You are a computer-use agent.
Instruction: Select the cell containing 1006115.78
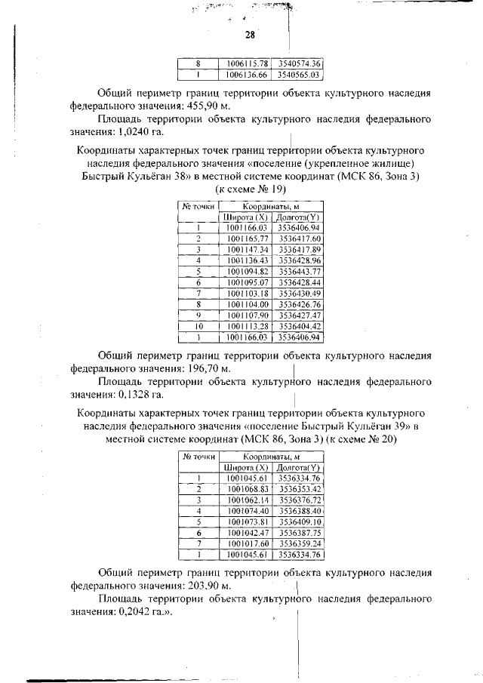244,63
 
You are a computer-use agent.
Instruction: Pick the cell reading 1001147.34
246,249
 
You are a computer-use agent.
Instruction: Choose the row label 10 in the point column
198,326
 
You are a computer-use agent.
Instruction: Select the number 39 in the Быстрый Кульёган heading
399,426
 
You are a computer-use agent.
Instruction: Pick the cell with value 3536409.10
300,521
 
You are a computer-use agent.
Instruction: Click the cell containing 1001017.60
247,543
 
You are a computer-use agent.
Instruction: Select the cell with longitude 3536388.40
300,510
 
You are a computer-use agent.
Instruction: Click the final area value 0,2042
127,611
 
